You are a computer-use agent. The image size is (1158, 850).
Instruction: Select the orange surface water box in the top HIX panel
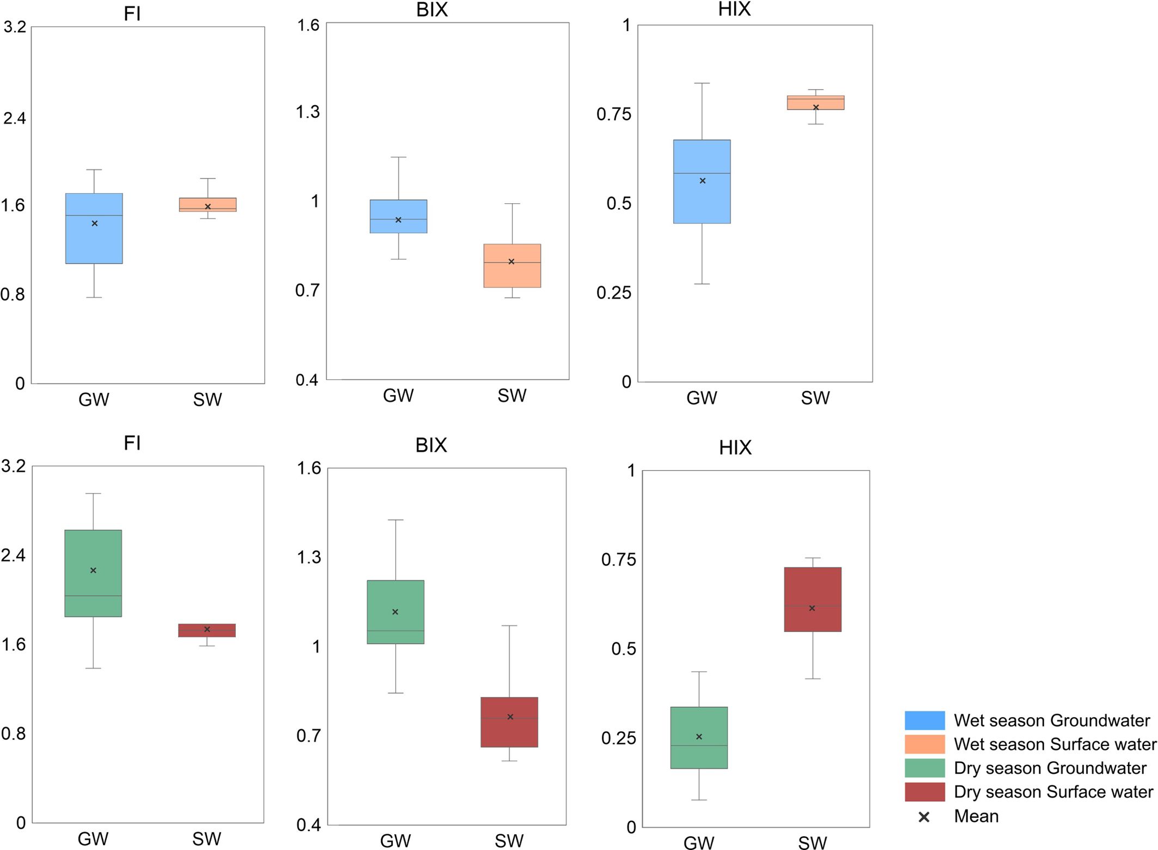pos(815,102)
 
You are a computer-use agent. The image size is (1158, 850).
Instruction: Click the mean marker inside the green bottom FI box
pos(93,570)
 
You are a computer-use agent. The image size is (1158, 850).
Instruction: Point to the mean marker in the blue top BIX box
pos(398,220)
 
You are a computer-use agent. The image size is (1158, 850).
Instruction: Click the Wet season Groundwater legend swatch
pos(924,720)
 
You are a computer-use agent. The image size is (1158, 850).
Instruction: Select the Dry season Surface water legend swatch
pos(924,792)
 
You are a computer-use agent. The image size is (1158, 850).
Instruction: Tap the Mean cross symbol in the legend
pos(924,817)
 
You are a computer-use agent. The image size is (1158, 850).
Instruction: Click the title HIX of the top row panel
pos(734,9)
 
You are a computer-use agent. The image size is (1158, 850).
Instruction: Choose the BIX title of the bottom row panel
pos(431,445)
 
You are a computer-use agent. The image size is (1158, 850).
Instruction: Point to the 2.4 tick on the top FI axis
pos(15,118)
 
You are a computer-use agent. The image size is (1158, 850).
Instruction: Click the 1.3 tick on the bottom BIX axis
pos(308,557)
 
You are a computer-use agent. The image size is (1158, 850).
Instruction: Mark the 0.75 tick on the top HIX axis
pos(613,114)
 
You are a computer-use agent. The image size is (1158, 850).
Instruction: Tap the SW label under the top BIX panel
pos(511,396)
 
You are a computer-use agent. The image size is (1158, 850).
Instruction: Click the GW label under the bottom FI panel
pos(93,839)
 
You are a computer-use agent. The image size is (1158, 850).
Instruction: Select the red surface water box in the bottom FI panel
pos(207,630)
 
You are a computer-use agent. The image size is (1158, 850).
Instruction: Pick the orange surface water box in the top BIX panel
pos(512,265)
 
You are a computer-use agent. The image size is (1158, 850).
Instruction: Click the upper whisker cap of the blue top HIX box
pos(702,83)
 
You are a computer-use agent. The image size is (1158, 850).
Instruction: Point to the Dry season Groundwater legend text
pos(1050,768)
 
